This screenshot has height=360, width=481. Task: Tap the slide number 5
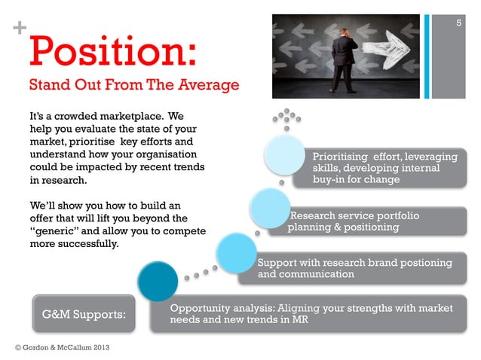tap(459, 25)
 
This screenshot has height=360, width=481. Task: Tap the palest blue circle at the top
tap(286, 156)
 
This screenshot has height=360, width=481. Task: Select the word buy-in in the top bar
tap(331, 181)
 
